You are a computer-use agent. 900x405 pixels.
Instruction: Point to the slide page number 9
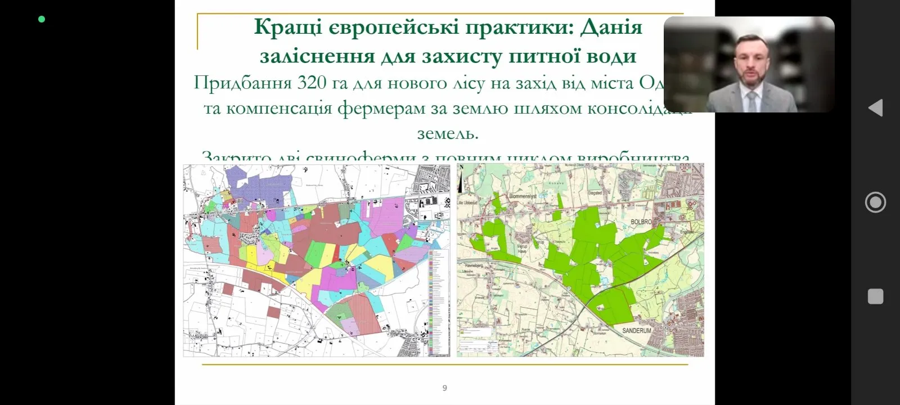pyautogui.click(x=445, y=388)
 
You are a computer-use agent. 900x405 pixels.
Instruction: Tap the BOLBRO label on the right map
pyautogui.click(x=637, y=222)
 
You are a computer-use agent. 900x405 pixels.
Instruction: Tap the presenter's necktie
pyautogui.click(x=752, y=101)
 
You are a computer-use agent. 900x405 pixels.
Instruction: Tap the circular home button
pyautogui.click(x=875, y=202)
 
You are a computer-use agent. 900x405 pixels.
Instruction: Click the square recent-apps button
pyautogui.click(x=875, y=296)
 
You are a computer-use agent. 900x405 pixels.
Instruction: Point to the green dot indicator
pyautogui.click(x=42, y=19)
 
